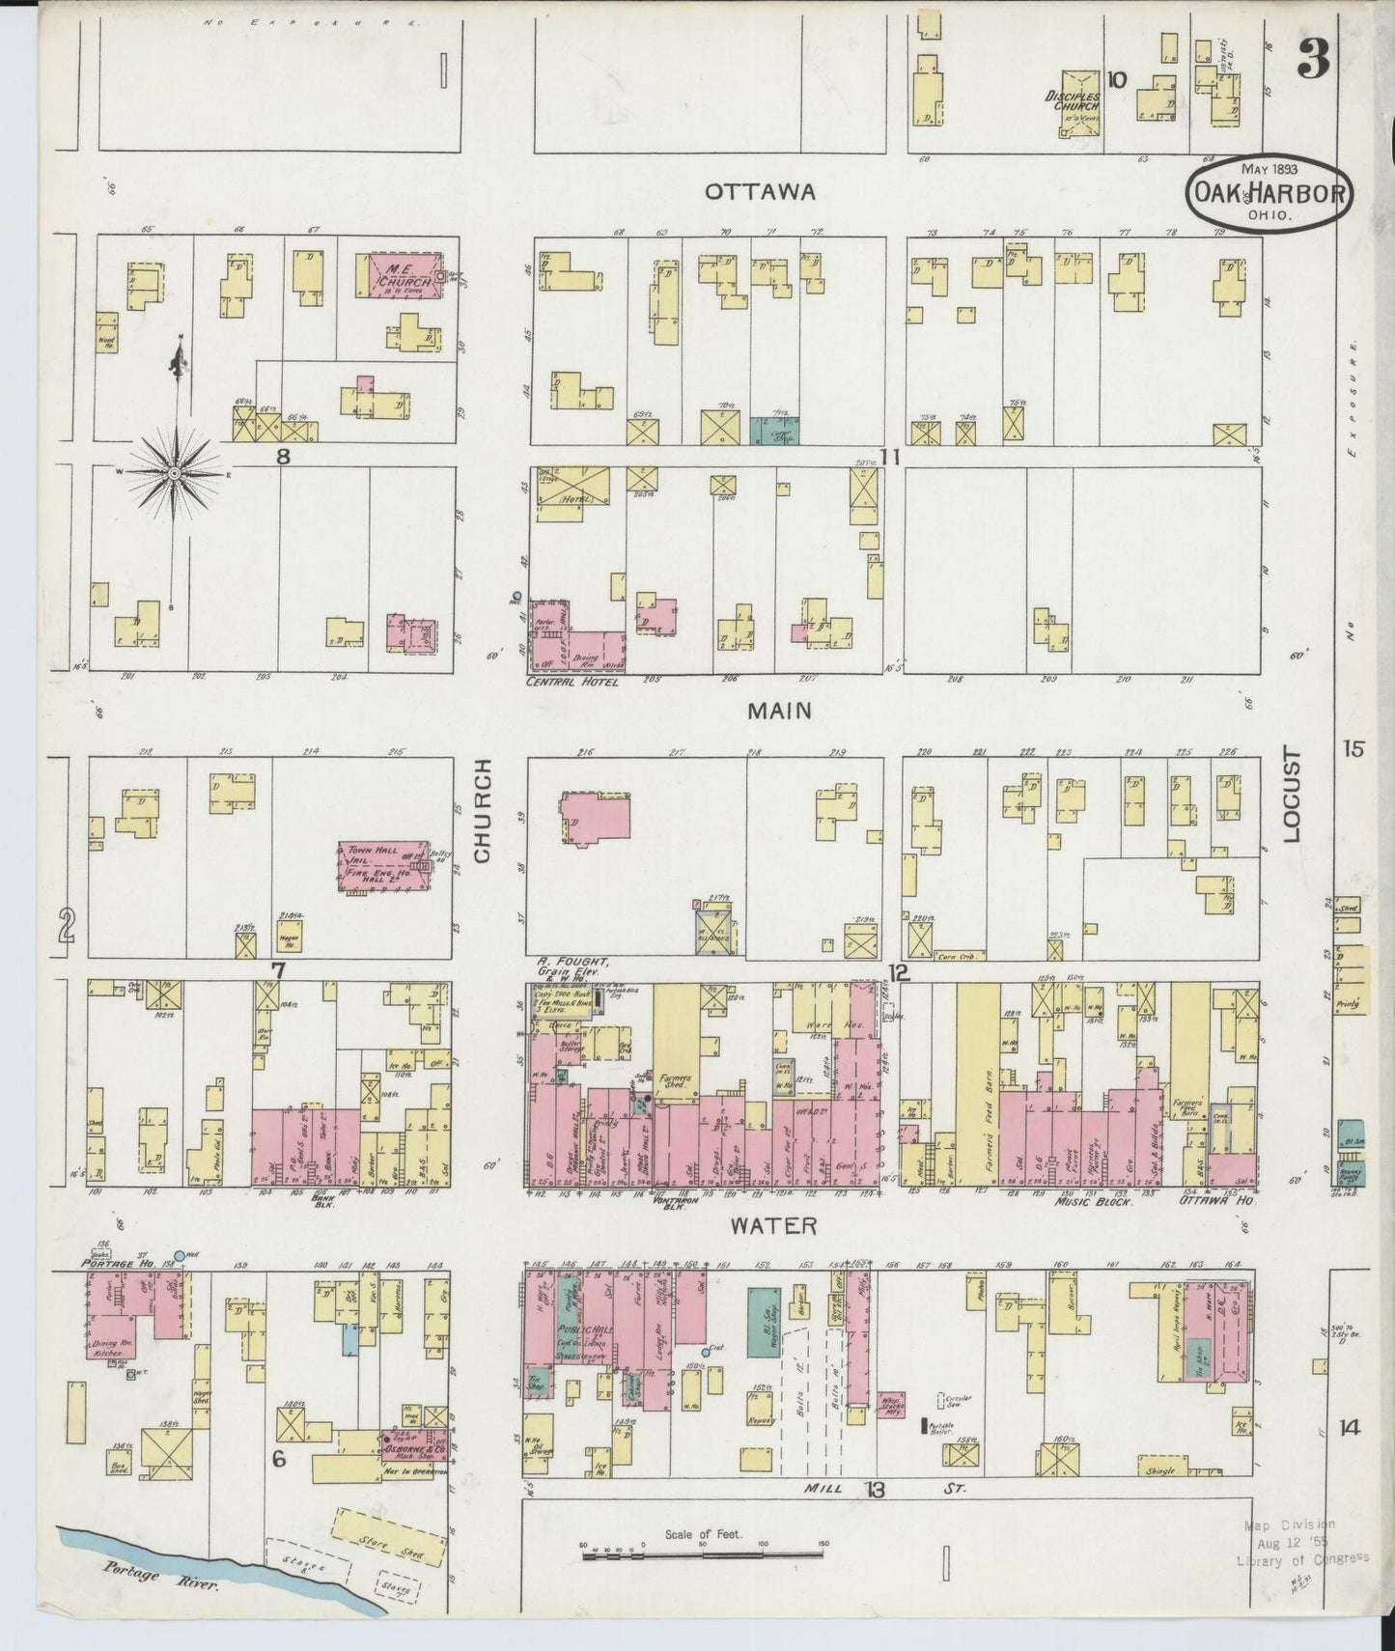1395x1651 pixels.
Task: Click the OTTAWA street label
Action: pos(760,192)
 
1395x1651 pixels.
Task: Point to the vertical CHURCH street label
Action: pos(483,811)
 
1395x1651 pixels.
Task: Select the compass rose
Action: pos(175,473)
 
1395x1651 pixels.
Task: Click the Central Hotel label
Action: pos(572,682)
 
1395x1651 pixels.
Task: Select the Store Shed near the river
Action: pos(380,1537)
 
